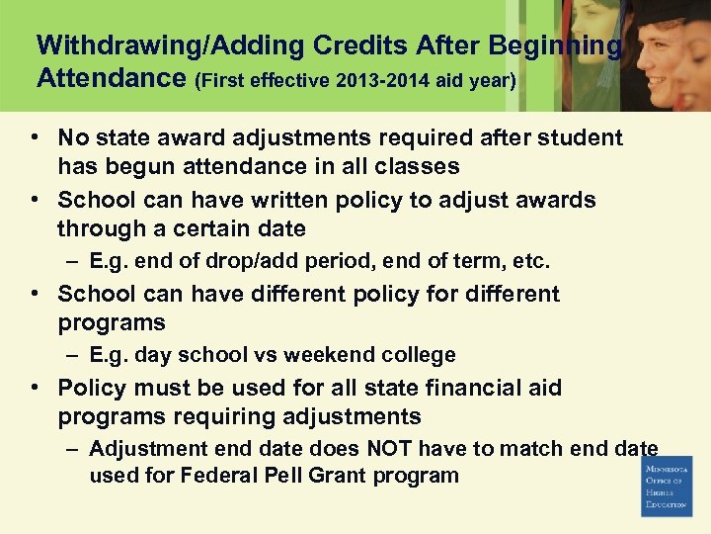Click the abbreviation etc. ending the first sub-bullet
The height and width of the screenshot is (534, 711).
pyautogui.click(x=533, y=262)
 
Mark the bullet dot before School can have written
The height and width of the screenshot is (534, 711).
pyautogui.click(x=35, y=201)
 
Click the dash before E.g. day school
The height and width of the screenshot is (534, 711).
pyautogui.click(x=74, y=355)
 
